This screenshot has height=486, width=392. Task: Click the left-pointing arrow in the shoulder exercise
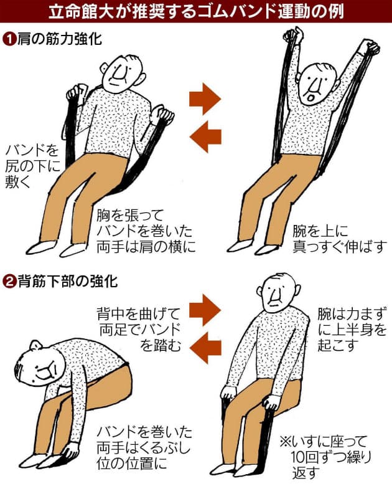(x=205, y=136)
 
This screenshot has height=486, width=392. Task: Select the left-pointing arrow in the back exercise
(x=205, y=349)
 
